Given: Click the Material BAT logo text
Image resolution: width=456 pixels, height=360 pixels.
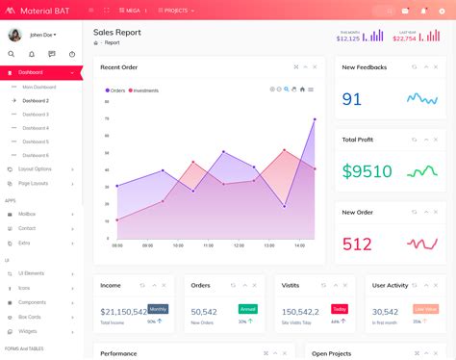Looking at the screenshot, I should coord(44,10).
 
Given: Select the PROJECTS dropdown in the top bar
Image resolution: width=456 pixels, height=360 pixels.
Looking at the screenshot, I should coord(176,10).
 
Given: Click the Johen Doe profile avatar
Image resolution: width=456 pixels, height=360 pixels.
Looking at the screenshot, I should coord(15,35).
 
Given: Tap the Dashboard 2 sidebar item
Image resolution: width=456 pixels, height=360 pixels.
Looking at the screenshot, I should coord(36,100).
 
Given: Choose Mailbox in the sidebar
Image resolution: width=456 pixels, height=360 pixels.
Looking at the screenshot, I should coord(27,214).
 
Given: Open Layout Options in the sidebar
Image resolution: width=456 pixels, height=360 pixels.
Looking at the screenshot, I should coord(35,168).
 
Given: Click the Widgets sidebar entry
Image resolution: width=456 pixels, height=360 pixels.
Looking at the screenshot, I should coord(28,330).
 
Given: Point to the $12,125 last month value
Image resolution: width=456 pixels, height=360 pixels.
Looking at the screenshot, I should coord(348,39).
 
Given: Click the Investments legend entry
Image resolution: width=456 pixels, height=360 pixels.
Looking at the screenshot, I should coord(145,90).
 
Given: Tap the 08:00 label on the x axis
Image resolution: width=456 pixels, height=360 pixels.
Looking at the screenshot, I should coord(117,244).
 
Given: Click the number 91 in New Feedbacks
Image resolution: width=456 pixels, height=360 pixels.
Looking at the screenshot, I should coord(352,98).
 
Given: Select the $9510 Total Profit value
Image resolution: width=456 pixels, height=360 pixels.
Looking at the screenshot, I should coord(367,171).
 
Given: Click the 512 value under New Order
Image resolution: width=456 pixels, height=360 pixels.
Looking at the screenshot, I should coord(357,244).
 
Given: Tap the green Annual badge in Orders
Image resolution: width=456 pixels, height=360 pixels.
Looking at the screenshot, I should coord(247,309).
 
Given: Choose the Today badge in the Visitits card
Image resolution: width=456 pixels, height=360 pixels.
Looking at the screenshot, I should coord(339,309).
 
